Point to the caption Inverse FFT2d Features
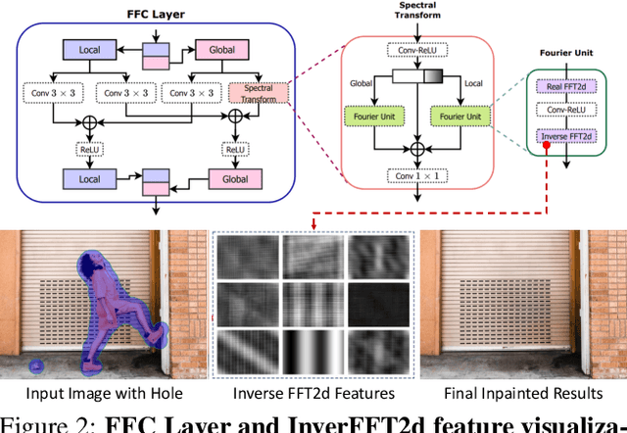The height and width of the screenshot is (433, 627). [313, 394]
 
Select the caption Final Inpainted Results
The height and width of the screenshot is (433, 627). [523, 394]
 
